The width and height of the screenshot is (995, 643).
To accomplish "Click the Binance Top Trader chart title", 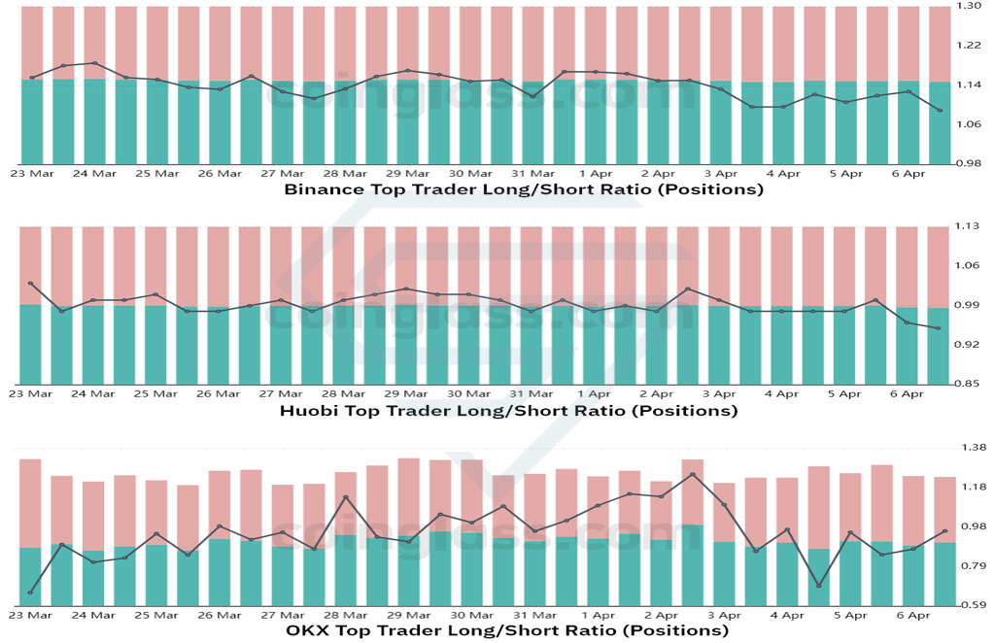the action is coord(524,189).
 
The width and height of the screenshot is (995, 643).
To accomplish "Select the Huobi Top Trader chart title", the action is coord(508,410).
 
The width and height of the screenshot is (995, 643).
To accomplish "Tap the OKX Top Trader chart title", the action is coord(507,630).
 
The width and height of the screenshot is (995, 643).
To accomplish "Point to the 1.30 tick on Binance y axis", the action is coord(969,6).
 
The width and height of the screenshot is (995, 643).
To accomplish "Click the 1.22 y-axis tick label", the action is coord(969,45).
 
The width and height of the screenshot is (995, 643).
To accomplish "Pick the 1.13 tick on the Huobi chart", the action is coord(967,225).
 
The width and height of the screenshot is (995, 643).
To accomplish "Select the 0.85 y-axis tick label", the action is coord(967,384).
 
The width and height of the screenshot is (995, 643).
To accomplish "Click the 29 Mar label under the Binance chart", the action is coord(408,173).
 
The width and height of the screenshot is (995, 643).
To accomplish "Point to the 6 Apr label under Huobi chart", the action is coord(907,393).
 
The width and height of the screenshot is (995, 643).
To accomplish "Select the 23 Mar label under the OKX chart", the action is coord(31,615).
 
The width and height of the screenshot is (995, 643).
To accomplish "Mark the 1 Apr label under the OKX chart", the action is coord(598,615).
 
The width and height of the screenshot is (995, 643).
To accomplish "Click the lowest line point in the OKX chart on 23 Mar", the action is coord(30,592).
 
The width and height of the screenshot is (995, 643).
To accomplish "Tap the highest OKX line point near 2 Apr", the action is coord(692,474).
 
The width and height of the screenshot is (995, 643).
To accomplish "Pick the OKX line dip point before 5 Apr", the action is coord(818,586).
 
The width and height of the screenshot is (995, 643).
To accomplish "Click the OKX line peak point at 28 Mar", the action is coord(345,497).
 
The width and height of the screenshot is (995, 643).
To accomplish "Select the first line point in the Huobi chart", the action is coord(30,284).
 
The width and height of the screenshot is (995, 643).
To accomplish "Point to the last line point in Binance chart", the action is coord(940,111).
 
